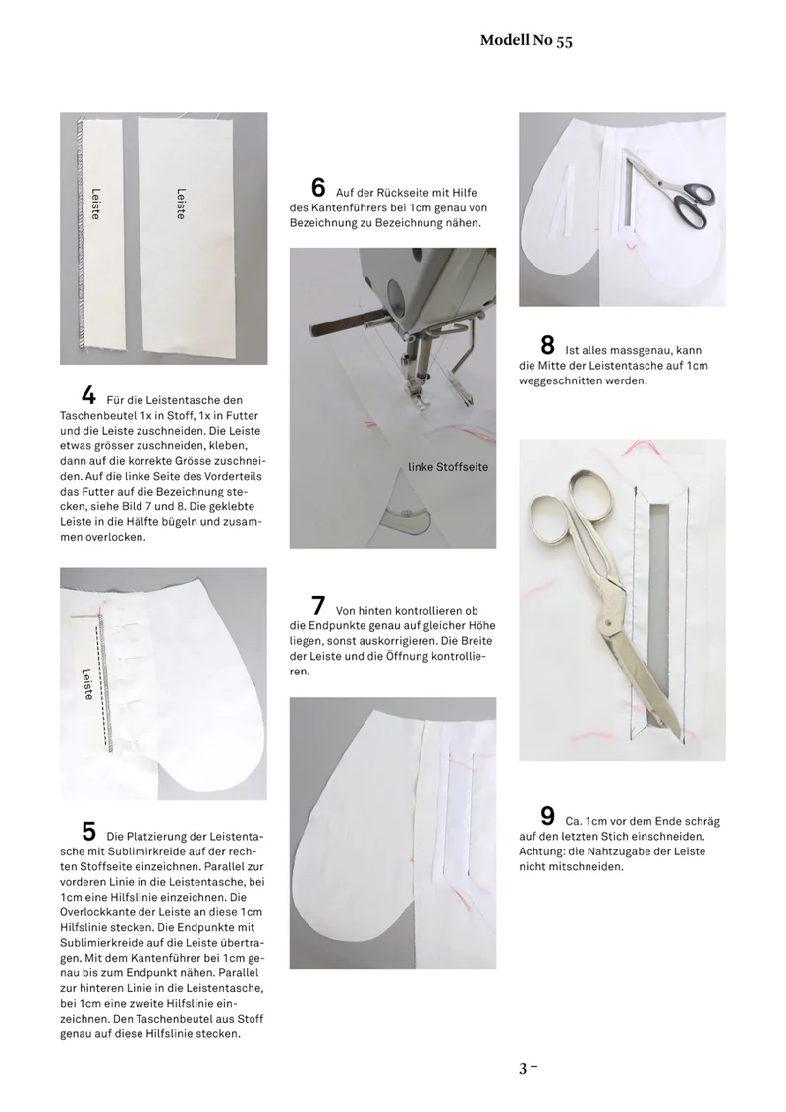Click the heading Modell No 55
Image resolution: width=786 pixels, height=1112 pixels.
click(526, 40)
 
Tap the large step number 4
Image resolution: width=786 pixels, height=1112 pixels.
click(88, 395)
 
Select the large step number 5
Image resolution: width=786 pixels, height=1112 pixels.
click(88, 831)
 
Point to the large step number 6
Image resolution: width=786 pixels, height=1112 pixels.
click(318, 187)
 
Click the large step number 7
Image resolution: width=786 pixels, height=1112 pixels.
click(318, 606)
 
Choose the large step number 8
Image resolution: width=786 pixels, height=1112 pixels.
click(548, 345)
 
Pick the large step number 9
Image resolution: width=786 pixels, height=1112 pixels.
click(548, 816)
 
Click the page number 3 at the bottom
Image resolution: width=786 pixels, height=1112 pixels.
click(523, 1068)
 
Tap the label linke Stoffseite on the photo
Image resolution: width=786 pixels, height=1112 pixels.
click(448, 467)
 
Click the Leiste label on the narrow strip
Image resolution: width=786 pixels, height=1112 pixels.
click(95, 204)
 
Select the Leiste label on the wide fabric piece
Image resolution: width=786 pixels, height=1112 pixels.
click(182, 204)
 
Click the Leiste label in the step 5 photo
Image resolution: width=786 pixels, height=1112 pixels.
click(87, 683)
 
